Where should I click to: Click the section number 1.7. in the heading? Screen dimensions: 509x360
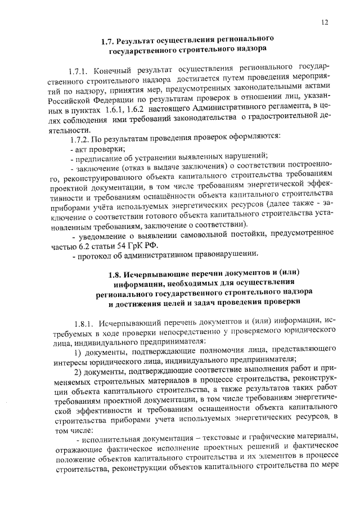[x=107, y=40]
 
